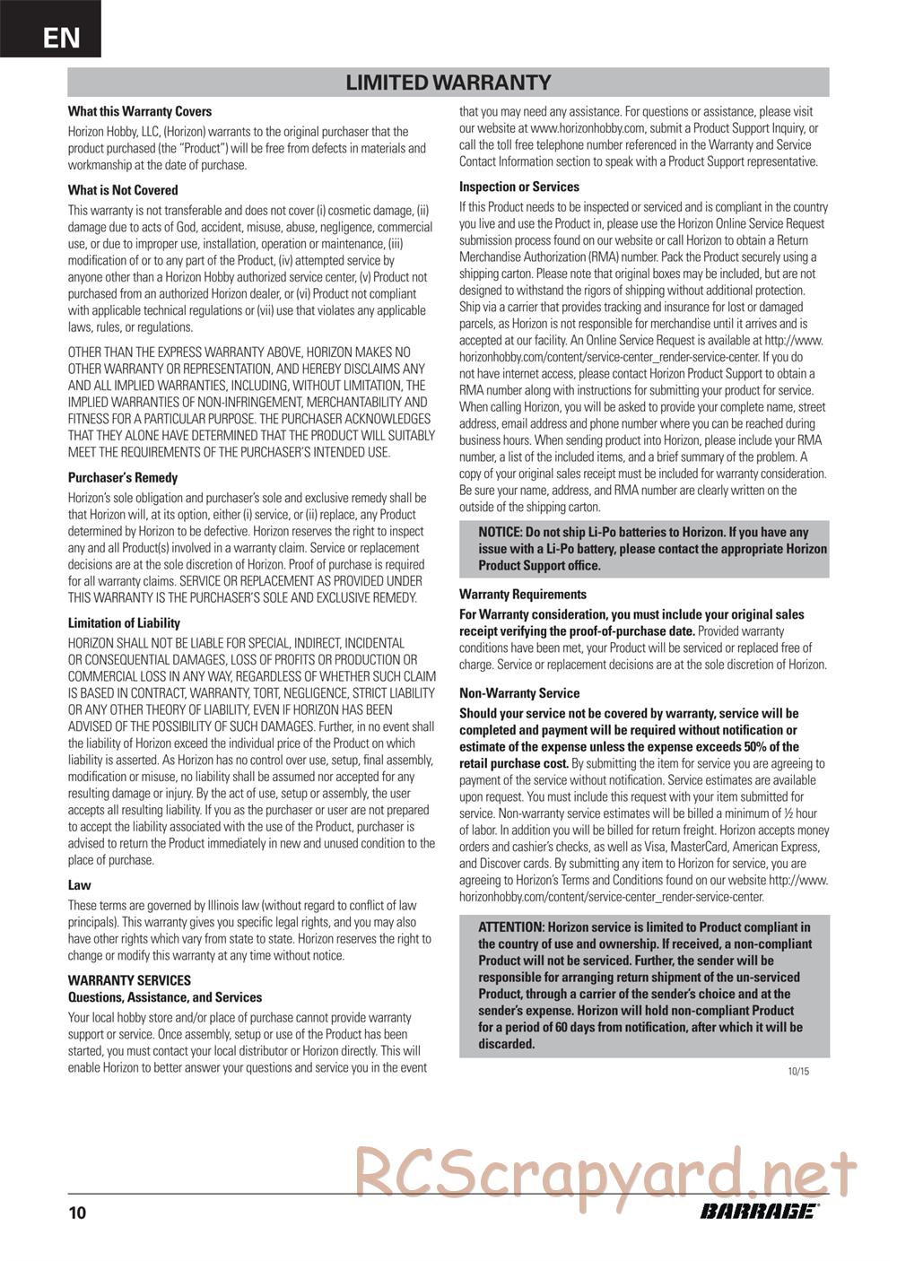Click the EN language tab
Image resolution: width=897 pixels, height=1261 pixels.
61,37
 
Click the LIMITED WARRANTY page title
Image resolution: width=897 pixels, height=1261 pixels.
448,83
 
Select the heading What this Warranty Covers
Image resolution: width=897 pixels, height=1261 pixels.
140,112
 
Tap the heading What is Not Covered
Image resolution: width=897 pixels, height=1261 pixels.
123,190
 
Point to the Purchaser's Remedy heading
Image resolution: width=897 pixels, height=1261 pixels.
123,478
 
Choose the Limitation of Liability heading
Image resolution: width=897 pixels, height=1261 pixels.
124,623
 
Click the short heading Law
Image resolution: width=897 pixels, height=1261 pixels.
80,885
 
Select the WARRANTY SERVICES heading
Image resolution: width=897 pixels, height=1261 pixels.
129,980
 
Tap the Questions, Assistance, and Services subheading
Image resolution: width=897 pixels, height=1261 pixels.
165,997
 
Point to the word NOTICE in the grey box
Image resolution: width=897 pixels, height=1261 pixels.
500,532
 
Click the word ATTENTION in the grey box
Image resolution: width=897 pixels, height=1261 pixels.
510,927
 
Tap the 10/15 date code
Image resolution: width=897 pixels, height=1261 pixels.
797,1071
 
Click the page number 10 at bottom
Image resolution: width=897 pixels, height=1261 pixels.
77,1213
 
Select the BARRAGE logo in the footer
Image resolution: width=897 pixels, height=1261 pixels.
759,1212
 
